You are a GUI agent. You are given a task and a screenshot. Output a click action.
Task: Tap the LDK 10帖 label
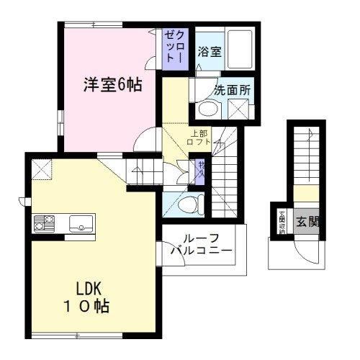89,296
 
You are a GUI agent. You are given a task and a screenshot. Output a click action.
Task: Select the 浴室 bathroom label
210,52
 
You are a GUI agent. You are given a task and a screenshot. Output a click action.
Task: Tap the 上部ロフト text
201,138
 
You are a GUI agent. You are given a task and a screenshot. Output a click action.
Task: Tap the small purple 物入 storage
202,170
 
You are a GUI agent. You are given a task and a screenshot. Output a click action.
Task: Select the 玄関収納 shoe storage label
282,221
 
